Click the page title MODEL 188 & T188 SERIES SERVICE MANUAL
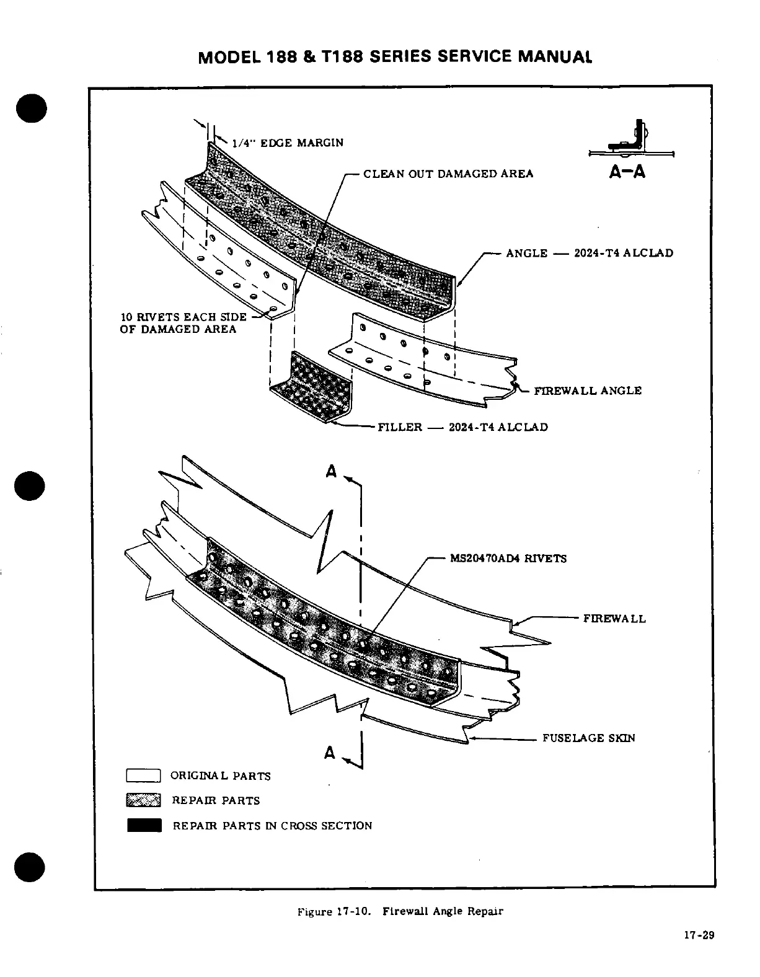click(395, 56)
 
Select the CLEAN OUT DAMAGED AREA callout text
click(448, 174)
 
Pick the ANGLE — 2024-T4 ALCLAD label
click(590, 253)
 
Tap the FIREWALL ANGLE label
click(588, 391)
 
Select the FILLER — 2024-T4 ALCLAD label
click(463, 427)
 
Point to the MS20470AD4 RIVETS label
click(508, 558)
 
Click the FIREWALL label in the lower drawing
click(614, 619)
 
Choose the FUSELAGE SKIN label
click(589, 738)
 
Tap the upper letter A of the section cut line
click(331, 472)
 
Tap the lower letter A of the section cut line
click(330, 753)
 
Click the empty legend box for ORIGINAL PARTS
click(144, 776)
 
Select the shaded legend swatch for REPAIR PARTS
click(144, 800)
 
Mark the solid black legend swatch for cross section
click(144, 825)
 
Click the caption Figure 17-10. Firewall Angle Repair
click(400, 911)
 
